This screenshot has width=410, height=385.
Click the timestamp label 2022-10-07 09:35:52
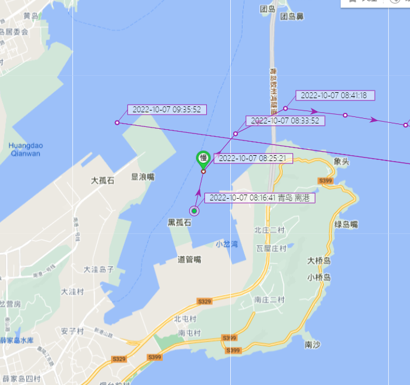tap(167, 109)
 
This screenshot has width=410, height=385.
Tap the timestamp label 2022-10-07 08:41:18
tap(334, 95)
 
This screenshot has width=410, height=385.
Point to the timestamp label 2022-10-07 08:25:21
tap(253, 158)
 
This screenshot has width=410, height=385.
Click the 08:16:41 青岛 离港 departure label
tap(260, 197)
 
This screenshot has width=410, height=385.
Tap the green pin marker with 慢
tap(203, 159)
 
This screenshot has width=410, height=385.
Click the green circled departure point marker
tap(194, 211)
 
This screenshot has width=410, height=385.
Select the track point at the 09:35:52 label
tap(117, 123)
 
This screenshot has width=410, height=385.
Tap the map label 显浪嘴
tap(143, 176)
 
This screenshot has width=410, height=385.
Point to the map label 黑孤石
tap(180, 223)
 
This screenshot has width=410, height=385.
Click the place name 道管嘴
tap(189, 259)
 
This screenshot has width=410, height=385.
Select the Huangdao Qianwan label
tap(25, 149)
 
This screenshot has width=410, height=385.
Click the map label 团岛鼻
tap(292, 16)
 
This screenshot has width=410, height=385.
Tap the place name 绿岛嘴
tap(347, 225)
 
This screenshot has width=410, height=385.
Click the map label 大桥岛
tap(319, 260)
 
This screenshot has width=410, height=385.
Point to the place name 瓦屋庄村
tap(271, 249)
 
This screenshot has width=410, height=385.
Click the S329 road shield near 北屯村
tap(204, 302)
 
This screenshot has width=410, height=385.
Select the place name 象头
tap(341, 160)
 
